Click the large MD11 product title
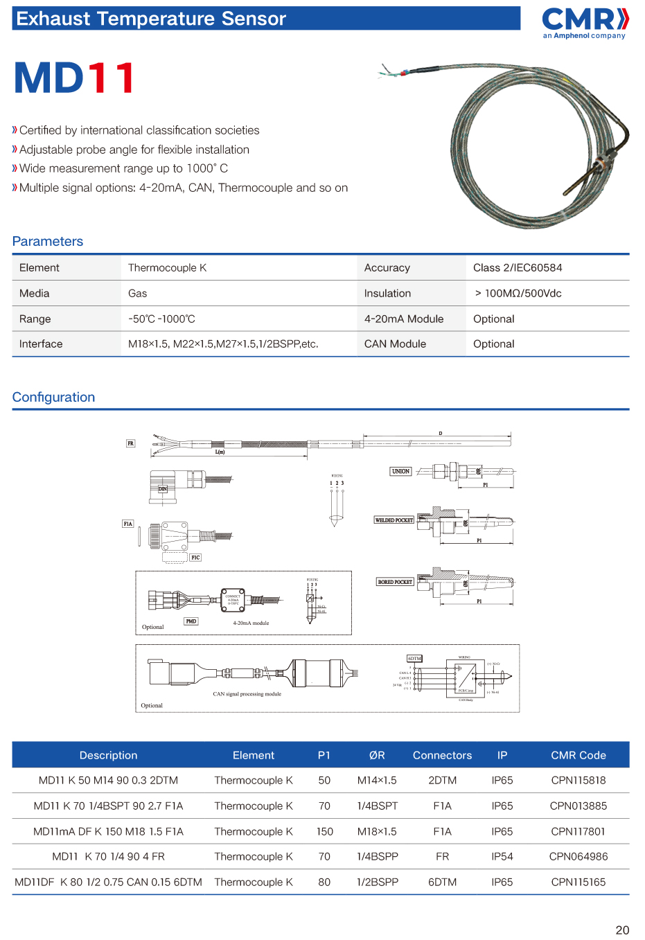click(x=75, y=78)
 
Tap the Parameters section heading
click(x=48, y=241)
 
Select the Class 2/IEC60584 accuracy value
click(x=518, y=268)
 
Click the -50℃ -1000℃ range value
click(x=161, y=319)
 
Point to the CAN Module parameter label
click(x=395, y=344)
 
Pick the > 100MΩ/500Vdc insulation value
click(x=518, y=294)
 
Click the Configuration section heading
click(x=53, y=397)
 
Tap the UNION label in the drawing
click(x=400, y=471)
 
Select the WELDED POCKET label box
click(x=394, y=520)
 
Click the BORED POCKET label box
click(x=395, y=582)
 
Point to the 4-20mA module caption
click(x=251, y=623)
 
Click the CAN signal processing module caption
click(x=247, y=693)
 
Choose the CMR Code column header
click(x=578, y=755)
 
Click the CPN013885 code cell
click(x=578, y=806)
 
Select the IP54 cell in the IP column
click(x=502, y=857)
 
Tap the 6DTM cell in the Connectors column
click(x=442, y=883)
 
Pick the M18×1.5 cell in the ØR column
click(x=377, y=831)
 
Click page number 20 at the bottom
click(x=622, y=930)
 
